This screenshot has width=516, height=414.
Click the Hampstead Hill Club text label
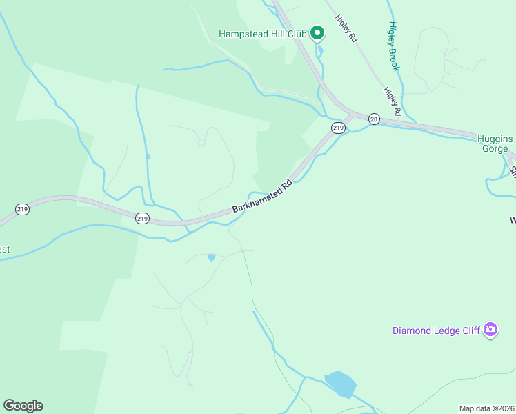[x=263, y=33]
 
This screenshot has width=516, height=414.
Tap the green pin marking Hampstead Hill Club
[x=317, y=32]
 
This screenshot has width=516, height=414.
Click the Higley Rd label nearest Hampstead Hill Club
[x=346, y=30]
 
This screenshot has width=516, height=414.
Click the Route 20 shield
[x=374, y=119]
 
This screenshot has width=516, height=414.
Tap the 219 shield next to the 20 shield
[x=337, y=128]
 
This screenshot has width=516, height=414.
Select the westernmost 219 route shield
[x=23, y=208]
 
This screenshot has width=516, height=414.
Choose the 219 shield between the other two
[x=142, y=218]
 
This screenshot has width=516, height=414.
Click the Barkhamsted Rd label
[x=263, y=197]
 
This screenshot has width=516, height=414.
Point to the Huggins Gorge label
[x=495, y=144]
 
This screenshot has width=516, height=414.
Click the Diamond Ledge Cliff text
[x=436, y=331]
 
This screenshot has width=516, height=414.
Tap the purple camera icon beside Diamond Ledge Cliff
[x=490, y=331]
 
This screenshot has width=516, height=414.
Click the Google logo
[x=23, y=405]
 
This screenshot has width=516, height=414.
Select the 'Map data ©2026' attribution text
[x=486, y=408]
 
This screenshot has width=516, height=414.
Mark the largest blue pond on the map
[x=340, y=384]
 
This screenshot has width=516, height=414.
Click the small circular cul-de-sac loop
[x=201, y=142]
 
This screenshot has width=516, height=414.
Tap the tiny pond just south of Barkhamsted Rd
[x=211, y=257]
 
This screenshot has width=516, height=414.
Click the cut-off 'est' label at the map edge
[x=5, y=249]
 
